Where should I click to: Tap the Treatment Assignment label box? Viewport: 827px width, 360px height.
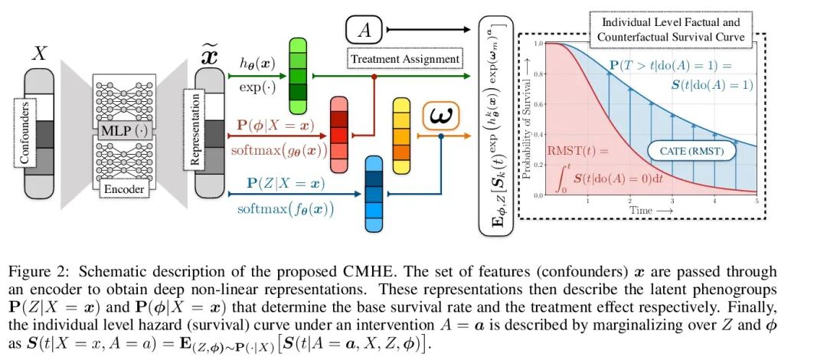405,58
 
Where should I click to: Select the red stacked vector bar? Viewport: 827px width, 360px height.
338,134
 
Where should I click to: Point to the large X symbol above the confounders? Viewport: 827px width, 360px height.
41,54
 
